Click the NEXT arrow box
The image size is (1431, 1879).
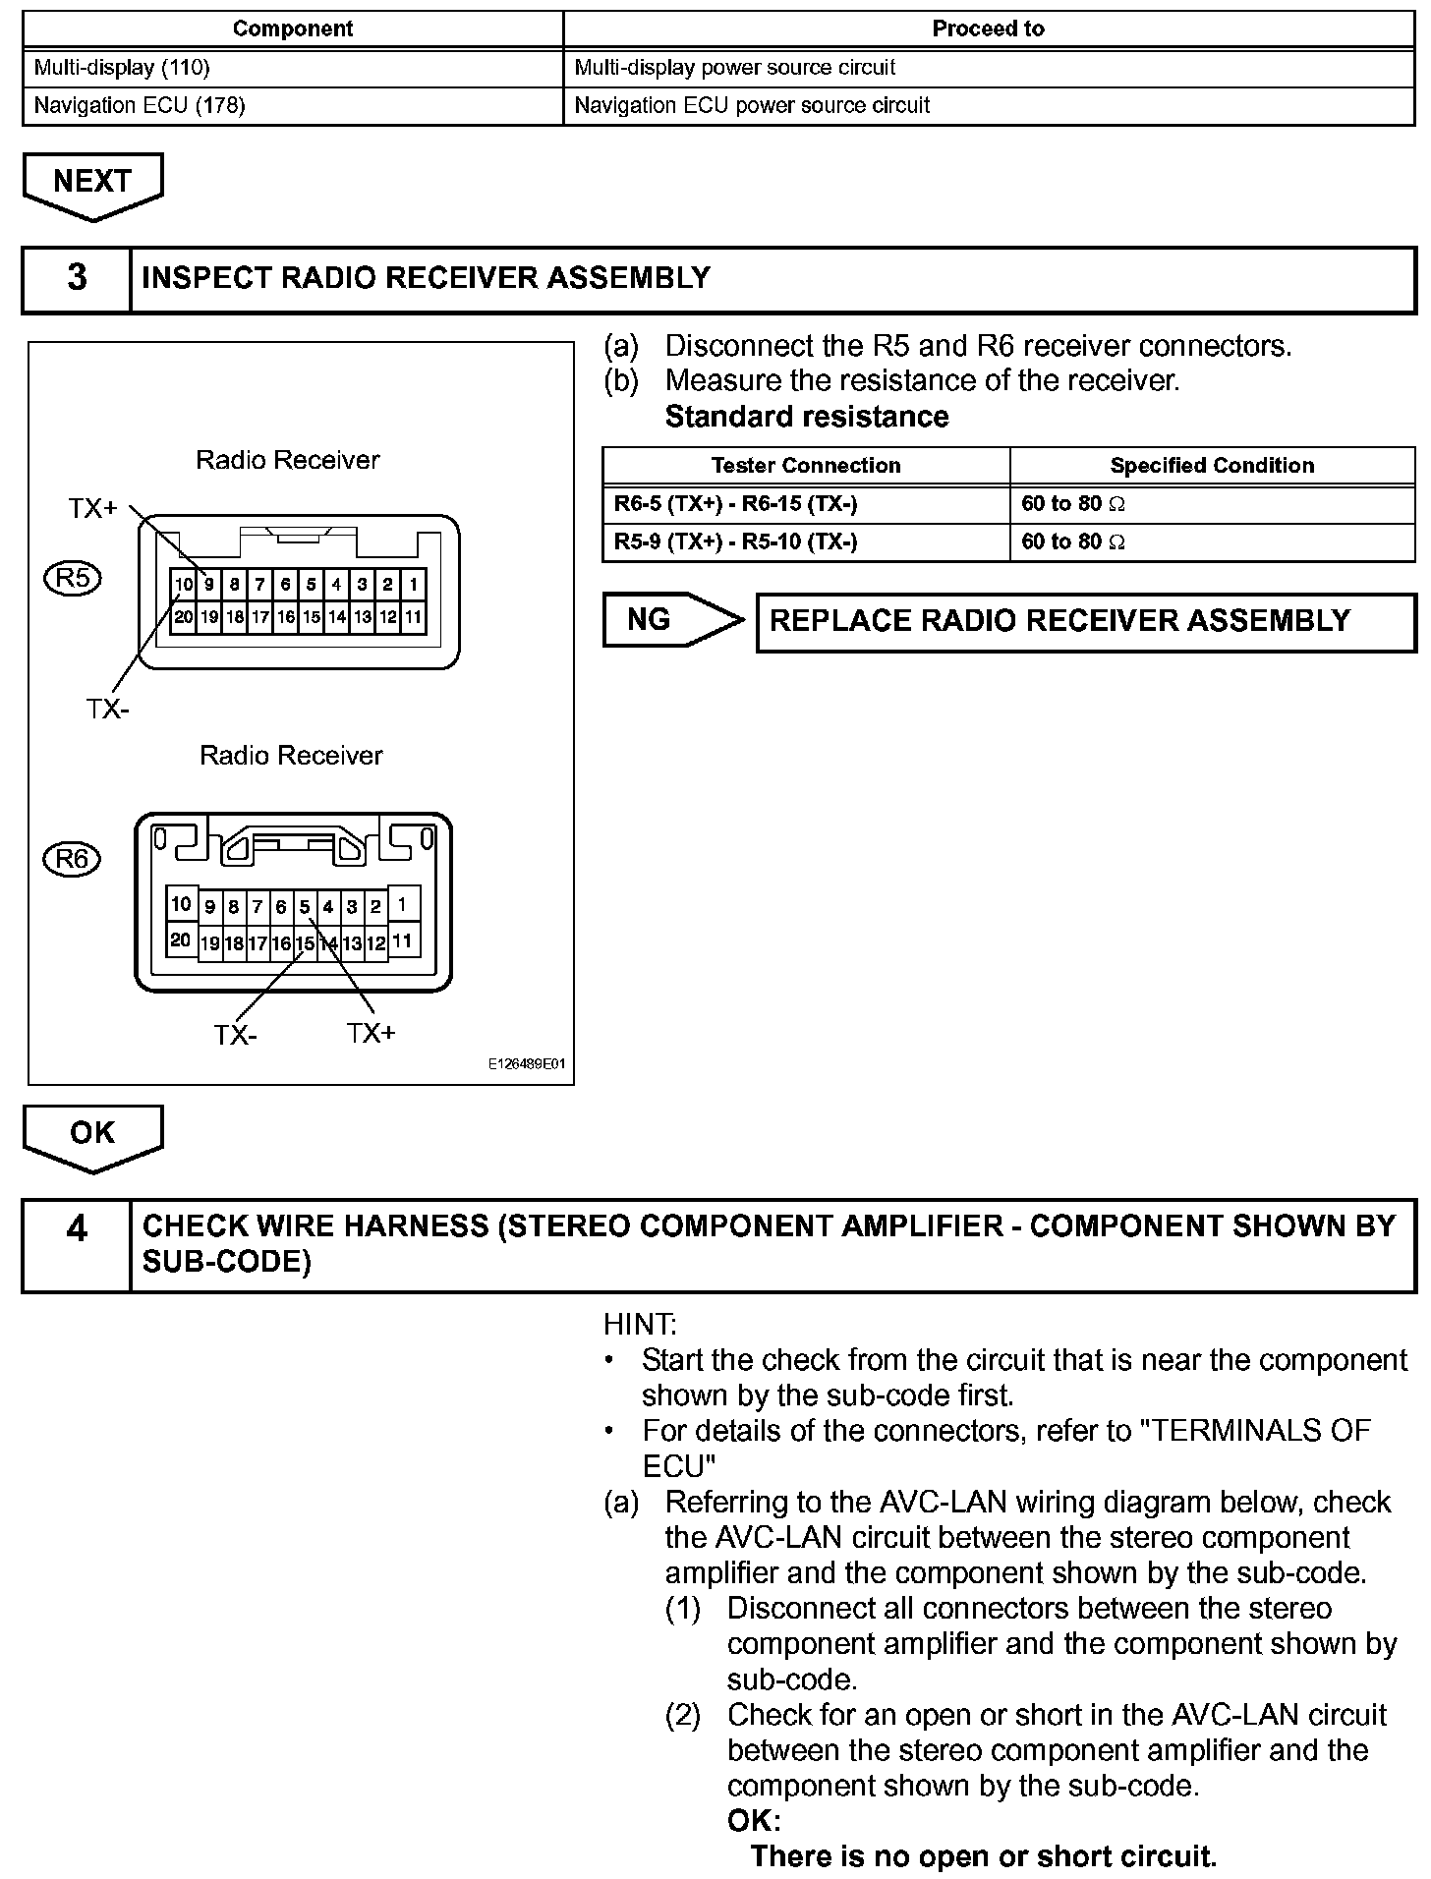(x=92, y=183)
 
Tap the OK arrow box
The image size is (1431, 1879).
(x=92, y=1134)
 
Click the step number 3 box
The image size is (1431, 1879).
(x=77, y=278)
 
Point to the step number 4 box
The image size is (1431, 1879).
(x=77, y=1244)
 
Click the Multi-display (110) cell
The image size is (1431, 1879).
(x=292, y=68)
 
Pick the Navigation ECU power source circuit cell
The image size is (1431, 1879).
(x=988, y=105)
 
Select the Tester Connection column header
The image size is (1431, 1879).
(x=806, y=466)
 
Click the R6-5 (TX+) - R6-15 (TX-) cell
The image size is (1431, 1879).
(x=806, y=504)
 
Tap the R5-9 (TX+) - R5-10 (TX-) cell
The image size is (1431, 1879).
(x=806, y=541)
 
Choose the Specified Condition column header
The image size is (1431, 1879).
(x=1212, y=466)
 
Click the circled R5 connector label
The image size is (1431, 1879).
(x=74, y=578)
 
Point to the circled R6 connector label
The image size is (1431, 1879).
(x=74, y=860)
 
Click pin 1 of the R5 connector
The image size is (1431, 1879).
(x=414, y=585)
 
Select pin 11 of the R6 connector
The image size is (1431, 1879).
(x=403, y=940)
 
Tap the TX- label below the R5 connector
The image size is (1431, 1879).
(x=107, y=710)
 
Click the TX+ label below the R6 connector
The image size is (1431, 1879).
(x=371, y=1033)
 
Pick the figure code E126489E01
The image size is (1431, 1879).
(x=527, y=1064)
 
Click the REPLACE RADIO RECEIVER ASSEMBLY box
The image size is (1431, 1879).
(x=1085, y=621)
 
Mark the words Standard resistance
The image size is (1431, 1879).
(x=807, y=417)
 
